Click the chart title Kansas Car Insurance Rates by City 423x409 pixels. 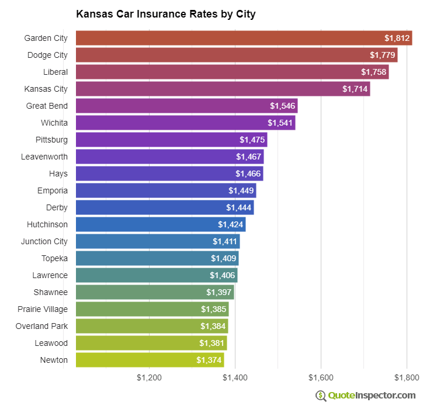pos(165,13)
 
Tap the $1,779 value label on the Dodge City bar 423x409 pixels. pos(382,55)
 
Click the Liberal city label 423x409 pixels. pos(55,72)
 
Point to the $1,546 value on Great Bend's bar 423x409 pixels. pos(282,106)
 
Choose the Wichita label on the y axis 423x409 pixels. pos(54,123)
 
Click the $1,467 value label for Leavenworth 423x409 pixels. pos(248,157)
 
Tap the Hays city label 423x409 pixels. pos(58,174)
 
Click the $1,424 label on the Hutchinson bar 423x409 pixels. pos(230,224)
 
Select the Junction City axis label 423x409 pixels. pos(44,241)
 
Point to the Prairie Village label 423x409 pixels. pos(43,309)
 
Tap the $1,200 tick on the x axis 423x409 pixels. pos(149,378)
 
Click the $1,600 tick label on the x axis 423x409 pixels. pos(320,378)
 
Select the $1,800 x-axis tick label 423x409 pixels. pos(405,378)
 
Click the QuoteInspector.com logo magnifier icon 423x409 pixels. pos(321,396)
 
